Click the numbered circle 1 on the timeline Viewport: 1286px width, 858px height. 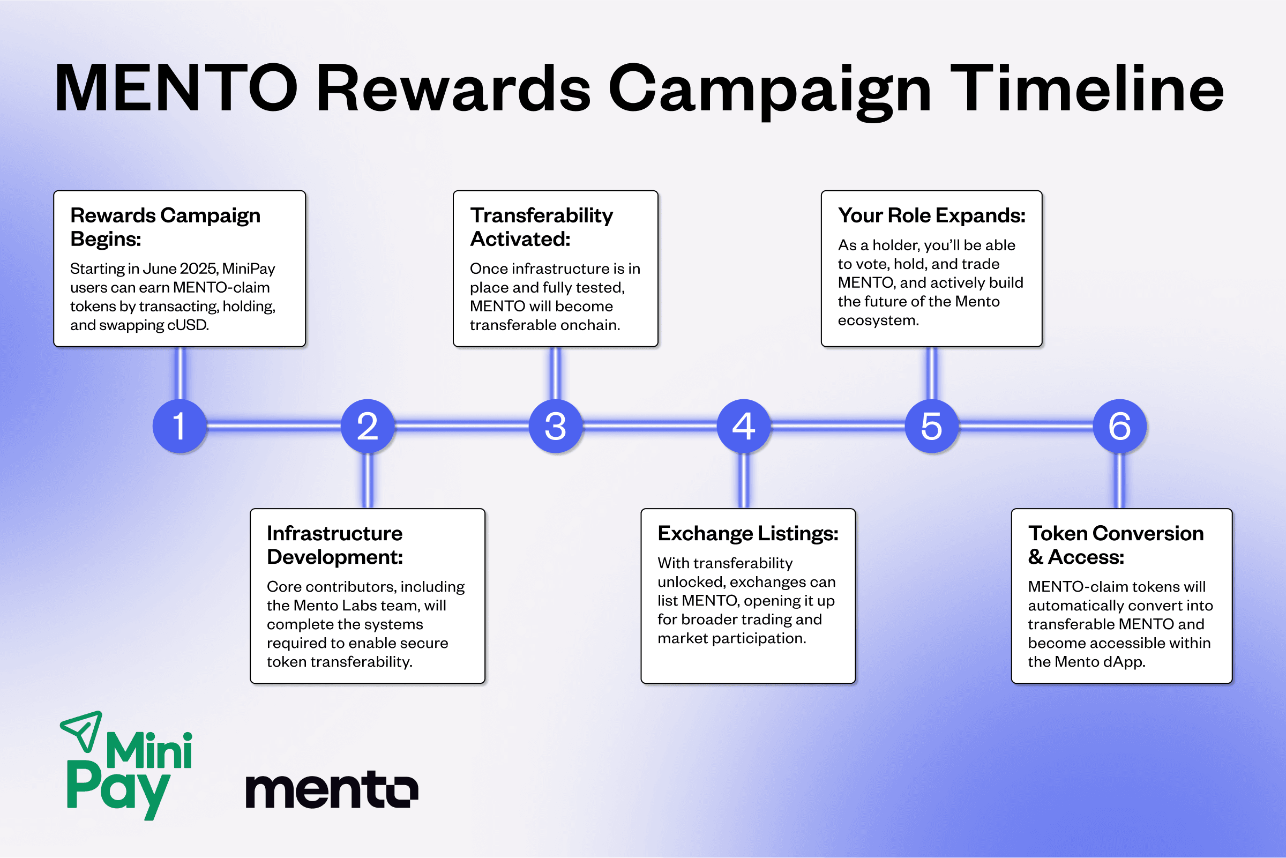point(180,426)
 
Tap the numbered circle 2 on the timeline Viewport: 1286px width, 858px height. point(368,426)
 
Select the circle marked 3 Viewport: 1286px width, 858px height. point(556,426)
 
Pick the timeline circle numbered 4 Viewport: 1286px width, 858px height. point(744,426)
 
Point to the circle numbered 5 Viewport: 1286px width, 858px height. point(932,426)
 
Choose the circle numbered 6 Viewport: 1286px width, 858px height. point(1120,426)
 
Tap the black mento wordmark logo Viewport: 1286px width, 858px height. point(332,789)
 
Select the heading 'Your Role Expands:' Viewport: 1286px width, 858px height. point(931,215)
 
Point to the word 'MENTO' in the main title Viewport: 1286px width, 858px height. point(176,88)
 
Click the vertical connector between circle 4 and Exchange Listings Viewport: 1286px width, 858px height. point(744,481)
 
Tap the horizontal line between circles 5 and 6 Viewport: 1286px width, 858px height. point(1026,426)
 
